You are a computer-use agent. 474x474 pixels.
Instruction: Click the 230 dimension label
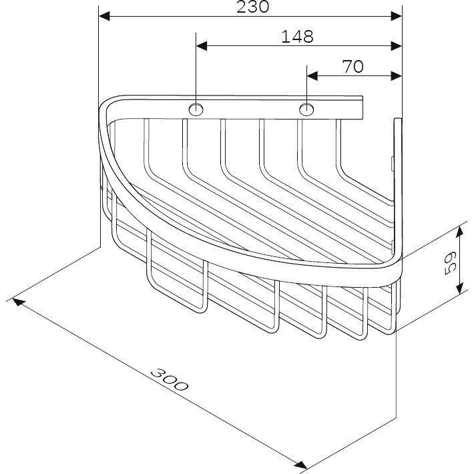pyautogui.click(x=253, y=7)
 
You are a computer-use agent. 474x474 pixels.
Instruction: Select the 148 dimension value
pyautogui.click(x=298, y=37)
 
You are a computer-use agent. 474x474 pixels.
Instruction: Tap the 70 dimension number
pyautogui.click(x=353, y=67)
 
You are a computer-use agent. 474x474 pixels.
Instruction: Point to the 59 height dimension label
pyautogui.click(x=450, y=262)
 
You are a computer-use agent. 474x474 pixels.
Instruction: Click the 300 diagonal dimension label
pyautogui.click(x=170, y=379)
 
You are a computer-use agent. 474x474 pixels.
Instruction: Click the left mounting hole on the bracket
pyautogui.click(x=196, y=109)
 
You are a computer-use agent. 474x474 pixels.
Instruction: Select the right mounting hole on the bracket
pyautogui.click(x=306, y=109)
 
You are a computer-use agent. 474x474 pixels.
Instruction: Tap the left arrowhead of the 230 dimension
pyautogui.click(x=104, y=16)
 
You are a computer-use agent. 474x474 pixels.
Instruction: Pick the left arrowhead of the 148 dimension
pyautogui.click(x=202, y=46)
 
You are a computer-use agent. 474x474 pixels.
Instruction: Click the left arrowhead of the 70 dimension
pyautogui.click(x=312, y=76)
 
